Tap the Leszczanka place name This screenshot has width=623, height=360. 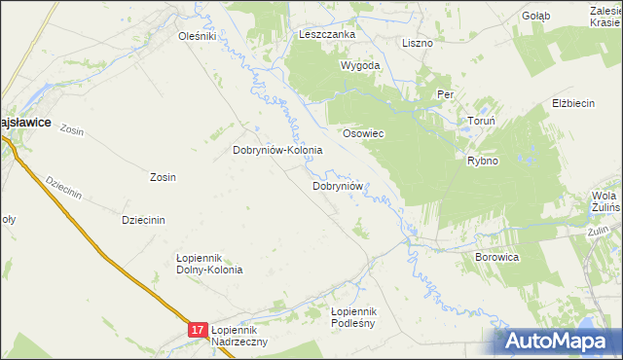pos(327,34)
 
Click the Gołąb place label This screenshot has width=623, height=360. pos(535,16)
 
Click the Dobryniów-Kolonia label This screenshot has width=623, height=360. pos(277,151)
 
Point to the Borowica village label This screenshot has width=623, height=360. pos(496,257)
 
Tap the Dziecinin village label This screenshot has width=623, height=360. pos(143,220)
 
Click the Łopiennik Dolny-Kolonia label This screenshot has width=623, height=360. pos(208,263)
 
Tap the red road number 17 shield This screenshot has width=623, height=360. pos(198,331)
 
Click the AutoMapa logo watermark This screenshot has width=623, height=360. pos(558,341)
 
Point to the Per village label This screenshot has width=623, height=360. pos(446,95)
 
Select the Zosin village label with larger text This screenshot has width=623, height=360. pos(163,177)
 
